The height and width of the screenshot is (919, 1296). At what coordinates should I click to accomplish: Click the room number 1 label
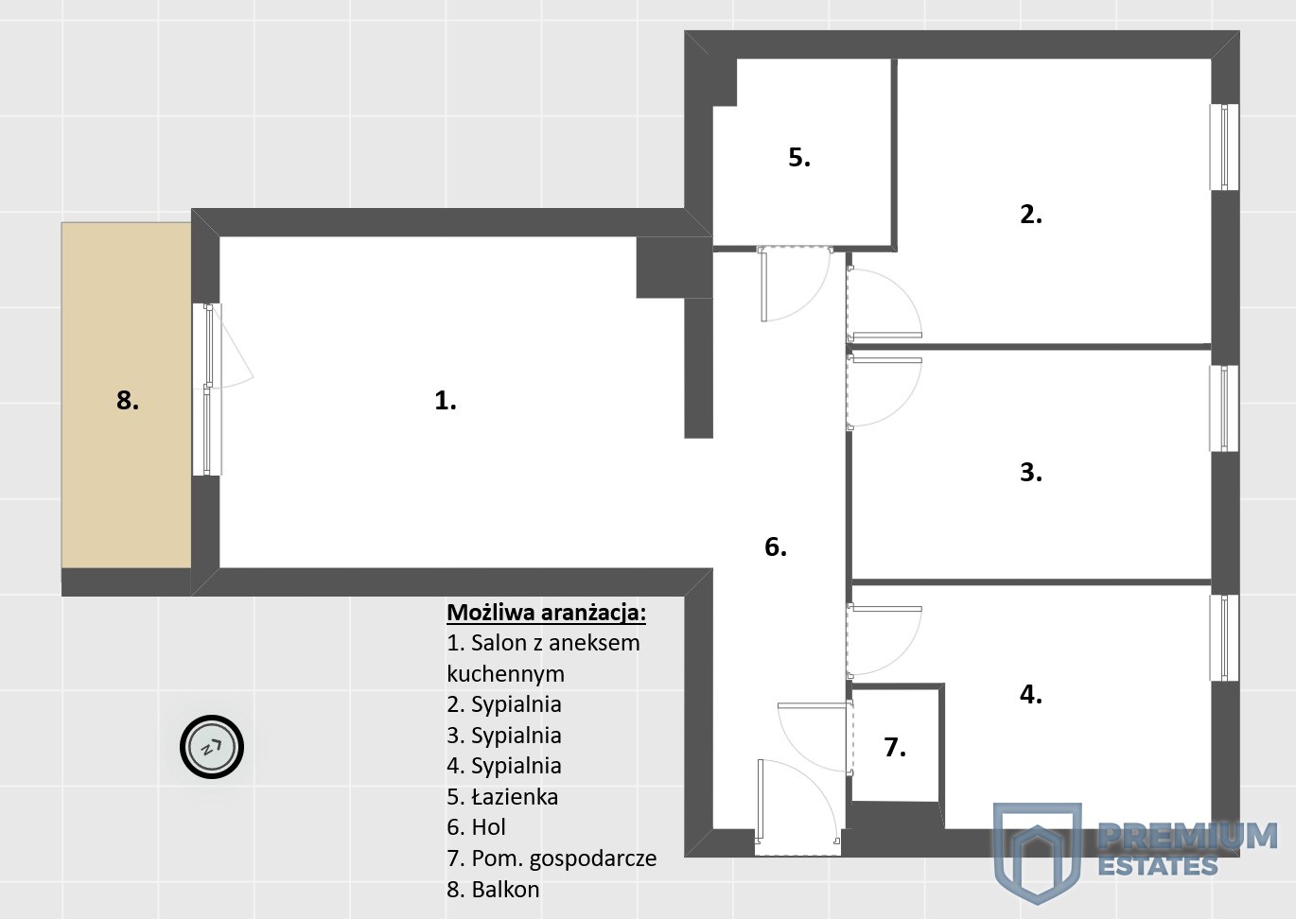[x=446, y=401]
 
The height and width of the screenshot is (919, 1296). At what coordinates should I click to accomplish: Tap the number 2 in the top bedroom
[x=1030, y=215]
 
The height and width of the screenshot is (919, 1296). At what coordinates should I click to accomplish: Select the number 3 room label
[x=1030, y=473]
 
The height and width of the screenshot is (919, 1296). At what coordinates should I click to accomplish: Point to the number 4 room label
[x=1030, y=695]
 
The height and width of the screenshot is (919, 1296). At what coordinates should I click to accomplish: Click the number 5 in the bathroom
[x=799, y=158]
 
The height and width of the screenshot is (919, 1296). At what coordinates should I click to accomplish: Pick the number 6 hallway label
[x=776, y=547]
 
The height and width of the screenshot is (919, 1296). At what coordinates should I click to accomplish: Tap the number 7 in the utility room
[x=895, y=747]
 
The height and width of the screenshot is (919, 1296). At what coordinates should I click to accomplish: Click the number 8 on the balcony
[x=128, y=401]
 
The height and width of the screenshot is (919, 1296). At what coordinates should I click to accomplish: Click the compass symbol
[x=212, y=747]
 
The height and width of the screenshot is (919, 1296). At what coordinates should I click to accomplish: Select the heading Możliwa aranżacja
[x=546, y=613]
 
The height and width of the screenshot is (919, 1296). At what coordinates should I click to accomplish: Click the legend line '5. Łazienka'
[x=502, y=797]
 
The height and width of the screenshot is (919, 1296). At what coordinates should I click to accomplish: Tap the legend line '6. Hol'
[x=476, y=827]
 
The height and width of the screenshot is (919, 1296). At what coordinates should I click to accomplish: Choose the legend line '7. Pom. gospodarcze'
[x=552, y=859]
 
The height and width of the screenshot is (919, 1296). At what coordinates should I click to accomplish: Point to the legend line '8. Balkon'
[x=493, y=890]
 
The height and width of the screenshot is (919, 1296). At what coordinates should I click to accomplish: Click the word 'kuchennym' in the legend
[x=505, y=674]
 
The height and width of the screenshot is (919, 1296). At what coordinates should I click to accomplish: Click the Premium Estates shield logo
[x=1038, y=853]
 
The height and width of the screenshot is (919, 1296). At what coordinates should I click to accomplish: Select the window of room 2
[x=1224, y=147]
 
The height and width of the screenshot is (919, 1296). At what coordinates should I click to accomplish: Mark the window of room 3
[x=1224, y=408]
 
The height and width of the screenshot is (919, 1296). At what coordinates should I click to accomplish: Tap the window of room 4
[x=1224, y=638]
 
